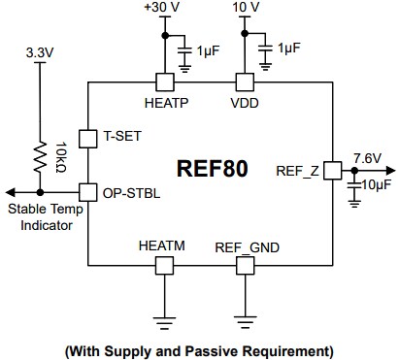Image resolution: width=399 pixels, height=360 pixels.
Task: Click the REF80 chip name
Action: [x=212, y=169]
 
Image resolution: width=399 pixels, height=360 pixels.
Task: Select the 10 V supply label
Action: [x=247, y=9]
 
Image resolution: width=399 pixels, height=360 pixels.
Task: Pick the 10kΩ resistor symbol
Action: [x=41, y=154]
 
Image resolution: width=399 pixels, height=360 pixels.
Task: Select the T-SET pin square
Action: [x=86, y=138]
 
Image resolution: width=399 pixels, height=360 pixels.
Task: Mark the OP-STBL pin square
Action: [x=86, y=191]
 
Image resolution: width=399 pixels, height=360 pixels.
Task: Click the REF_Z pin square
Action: [x=331, y=170]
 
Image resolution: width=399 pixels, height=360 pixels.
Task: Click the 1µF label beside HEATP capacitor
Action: [x=207, y=49]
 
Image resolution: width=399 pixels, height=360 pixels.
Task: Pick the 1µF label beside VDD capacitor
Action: [x=288, y=48]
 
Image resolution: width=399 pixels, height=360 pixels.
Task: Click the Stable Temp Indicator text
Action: [x=41, y=217]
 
